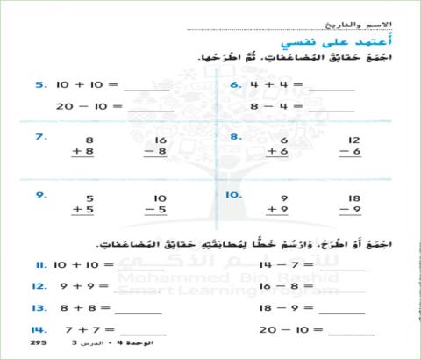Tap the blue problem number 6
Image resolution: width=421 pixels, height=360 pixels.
click(235, 85)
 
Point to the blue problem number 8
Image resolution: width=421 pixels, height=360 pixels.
click(235, 137)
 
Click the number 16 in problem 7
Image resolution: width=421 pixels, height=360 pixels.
click(160, 140)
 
